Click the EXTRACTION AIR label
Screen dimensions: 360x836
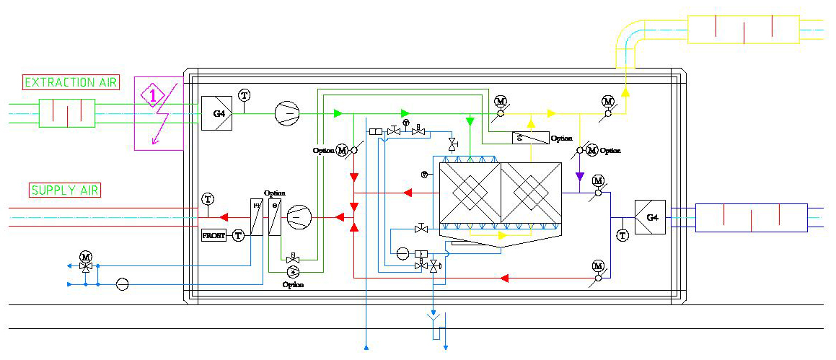pyautogui.click(x=71, y=83)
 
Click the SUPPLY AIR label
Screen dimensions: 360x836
pyautogui.click(x=65, y=190)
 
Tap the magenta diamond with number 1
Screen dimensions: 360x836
pyautogui.click(x=153, y=95)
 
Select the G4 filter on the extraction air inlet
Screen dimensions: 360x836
pyautogui.click(x=216, y=113)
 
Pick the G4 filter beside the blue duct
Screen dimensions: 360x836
pyautogui.click(x=650, y=216)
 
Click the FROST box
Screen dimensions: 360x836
pyautogui.click(x=214, y=235)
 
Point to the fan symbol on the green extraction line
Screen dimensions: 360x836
pyautogui.click(x=287, y=113)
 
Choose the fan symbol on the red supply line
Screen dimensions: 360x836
pyautogui.click(x=299, y=216)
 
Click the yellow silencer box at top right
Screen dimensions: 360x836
pyautogui.click(x=743, y=30)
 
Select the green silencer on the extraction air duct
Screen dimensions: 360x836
pyautogui.click(x=67, y=113)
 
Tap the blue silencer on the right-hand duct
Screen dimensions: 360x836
pyautogui.click(x=750, y=217)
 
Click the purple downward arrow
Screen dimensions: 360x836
pyautogui.click(x=579, y=176)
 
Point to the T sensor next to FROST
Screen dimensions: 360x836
pyautogui.click(x=239, y=235)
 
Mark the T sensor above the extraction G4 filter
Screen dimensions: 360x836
pyautogui.click(x=244, y=95)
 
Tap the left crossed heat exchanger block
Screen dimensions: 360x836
pyautogui.click(x=470, y=193)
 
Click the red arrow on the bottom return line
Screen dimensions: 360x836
pyautogui.click(x=506, y=277)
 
